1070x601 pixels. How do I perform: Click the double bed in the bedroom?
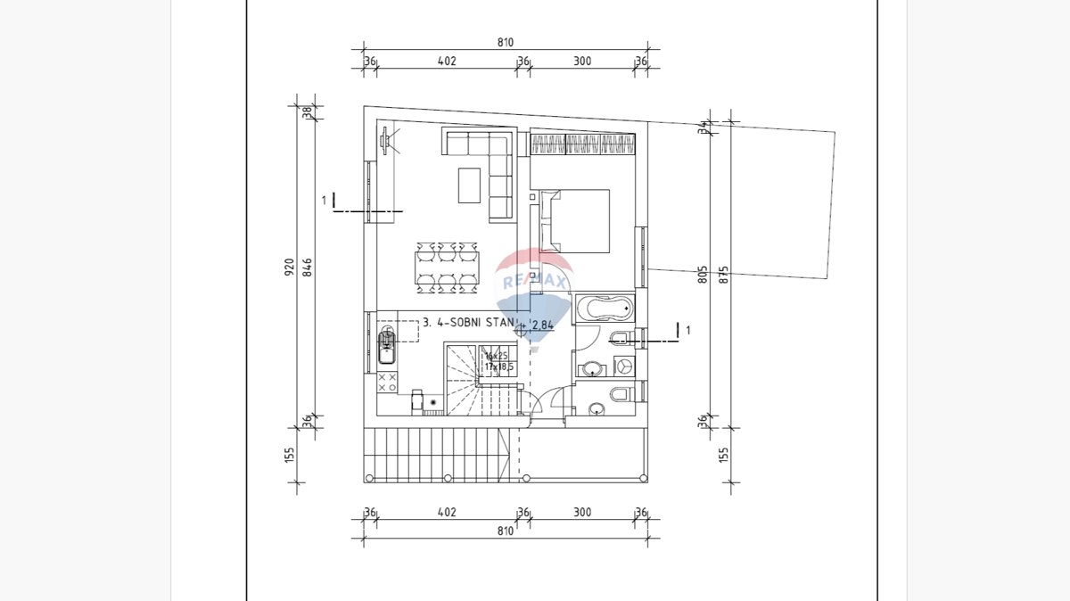click(x=575, y=220)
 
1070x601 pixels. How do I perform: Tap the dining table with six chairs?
click(x=446, y=267)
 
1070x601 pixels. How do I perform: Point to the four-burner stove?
click(x=388, y=383)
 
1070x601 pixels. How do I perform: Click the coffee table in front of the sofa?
click(x=469, y=185)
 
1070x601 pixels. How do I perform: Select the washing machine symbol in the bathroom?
click(x=625, y=365)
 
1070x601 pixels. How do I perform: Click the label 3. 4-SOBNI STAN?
click(x=469, y=322)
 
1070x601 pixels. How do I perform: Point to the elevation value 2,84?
click(x=542, y=325)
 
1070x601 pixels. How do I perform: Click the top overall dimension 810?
click(x=506, y=42)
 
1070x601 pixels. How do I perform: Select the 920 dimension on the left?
click(x=289, y=267)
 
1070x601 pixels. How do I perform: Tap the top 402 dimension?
click(x=447, y=62)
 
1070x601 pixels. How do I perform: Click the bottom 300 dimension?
click(x=581, y=513)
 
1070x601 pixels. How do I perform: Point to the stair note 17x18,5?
click(x=498, y=366)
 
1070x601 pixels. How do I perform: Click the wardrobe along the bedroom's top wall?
click(x=583, y=143)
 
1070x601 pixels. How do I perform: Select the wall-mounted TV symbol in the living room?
click(x=387, y=141)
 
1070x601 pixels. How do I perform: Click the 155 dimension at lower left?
click(x=289, y=455)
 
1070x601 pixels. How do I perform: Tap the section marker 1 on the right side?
click(x=687, y=330)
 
